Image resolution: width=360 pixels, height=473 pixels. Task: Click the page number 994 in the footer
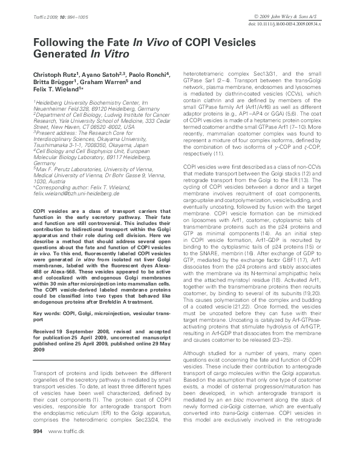pyautogui.click(x=38, y=464)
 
